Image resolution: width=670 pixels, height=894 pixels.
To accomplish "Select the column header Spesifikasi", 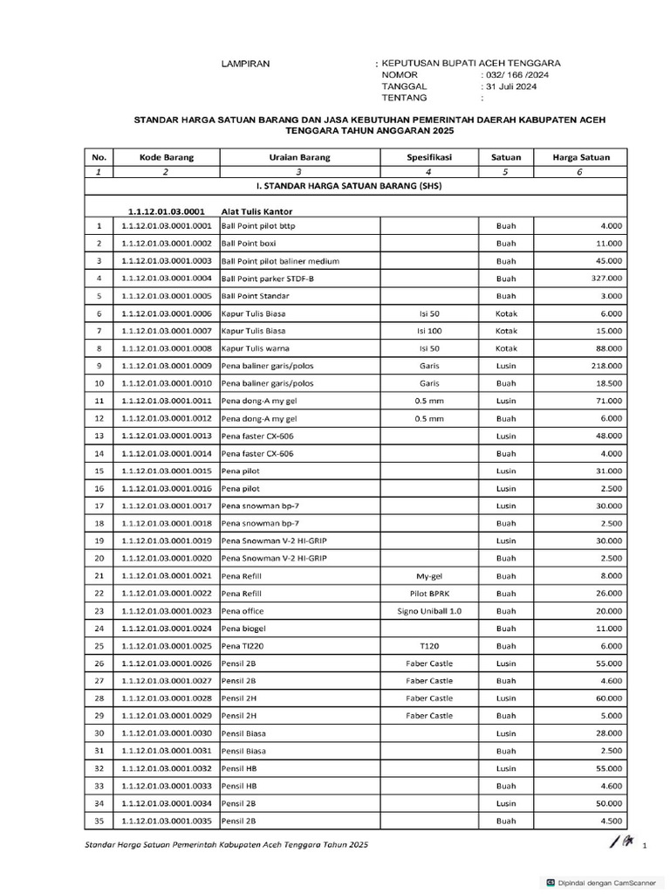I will click(x=429, y=157).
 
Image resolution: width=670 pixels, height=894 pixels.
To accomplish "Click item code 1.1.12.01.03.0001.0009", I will click(x=167, y=366).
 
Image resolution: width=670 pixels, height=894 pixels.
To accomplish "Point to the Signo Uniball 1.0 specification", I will click(x=429, y=611).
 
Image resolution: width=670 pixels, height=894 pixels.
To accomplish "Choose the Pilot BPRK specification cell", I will click(x=429, y=594).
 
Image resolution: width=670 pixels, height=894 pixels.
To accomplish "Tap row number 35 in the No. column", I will click(x=99, y=821).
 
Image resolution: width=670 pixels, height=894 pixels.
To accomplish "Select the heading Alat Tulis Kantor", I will click(x=256, y=211).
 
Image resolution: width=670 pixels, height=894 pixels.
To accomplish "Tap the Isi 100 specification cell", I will click(x=429, y=331).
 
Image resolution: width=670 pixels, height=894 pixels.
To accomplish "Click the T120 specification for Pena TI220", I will click(x=429, y=646).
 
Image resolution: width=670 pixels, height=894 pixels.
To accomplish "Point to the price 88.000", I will click(x=607, y=348).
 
